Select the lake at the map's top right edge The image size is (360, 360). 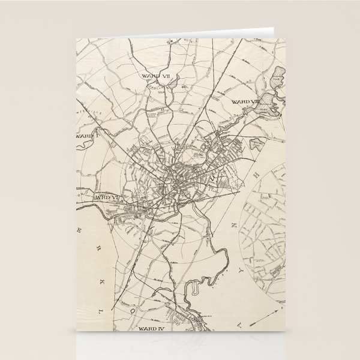tap(278, 77)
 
